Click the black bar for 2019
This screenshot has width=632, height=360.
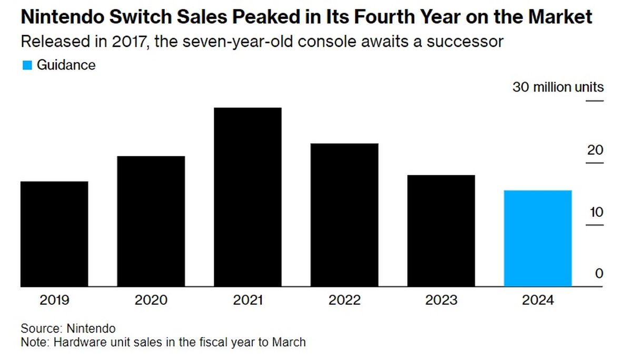tap(54, 234)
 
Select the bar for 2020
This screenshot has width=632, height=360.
tap(151, 222)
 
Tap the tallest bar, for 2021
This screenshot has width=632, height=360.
tap(248, 197)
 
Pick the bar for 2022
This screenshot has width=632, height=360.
tap(344, 215)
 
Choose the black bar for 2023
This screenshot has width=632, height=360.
tap(441, 231)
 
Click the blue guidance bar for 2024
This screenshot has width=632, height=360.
tap(538, 238)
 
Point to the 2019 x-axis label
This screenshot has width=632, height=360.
tap(54, 301)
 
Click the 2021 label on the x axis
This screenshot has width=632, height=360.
tap(248, 301)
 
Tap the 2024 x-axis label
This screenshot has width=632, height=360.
tap(538, 301)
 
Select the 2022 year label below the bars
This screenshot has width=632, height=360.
tap(344, 301)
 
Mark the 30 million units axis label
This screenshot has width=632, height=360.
tap(558, 87)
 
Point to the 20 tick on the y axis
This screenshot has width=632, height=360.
tap(595, 151)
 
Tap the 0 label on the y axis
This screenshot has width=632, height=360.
tap(599, 274)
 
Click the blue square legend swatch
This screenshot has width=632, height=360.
tap(27, 65)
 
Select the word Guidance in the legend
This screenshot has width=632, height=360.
tap(66, 65)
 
